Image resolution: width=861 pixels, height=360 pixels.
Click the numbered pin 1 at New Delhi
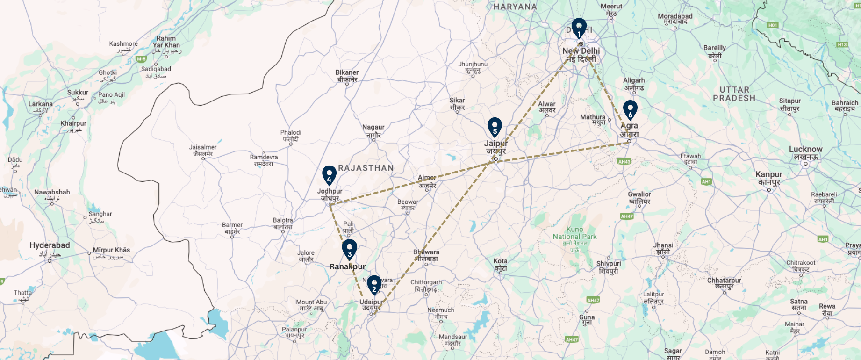click(579, 29)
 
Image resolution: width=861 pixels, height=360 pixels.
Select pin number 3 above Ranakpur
click(349, 249)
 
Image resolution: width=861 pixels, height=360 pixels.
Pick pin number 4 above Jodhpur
click(329, 175)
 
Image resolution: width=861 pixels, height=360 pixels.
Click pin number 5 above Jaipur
click(495, 127)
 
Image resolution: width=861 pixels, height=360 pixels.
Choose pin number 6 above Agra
click(630, 110)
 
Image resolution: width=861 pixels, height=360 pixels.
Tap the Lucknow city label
click(805, 150)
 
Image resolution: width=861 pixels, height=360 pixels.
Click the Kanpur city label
click(768, 175)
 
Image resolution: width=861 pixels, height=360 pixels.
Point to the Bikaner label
click(347, 73)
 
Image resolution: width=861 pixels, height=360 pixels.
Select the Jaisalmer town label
click(203, 148)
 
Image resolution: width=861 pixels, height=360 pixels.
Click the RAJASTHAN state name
click(366, 168)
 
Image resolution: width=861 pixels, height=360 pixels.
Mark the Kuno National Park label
click(574, 233)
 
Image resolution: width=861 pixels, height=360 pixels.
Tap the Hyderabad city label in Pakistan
click(50, 245)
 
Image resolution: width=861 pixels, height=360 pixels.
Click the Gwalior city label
click(639, 194)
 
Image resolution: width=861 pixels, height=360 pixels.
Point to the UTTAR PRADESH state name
click(734, 94)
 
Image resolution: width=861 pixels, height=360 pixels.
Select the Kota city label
click(500, 261)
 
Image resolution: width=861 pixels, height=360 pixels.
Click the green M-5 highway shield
click(141, 59)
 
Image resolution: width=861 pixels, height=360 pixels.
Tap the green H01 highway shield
click(773, 25)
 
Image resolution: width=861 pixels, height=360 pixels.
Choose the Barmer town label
click(232, 225)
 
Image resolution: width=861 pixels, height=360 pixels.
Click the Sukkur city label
click(78, 93)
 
